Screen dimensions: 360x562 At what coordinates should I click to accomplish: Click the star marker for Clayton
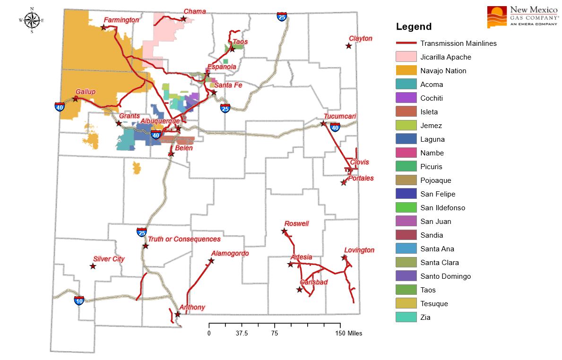pyautogui.click(x=348, y=46)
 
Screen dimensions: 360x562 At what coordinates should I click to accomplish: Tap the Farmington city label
pyautogui.click(x=121, y=20)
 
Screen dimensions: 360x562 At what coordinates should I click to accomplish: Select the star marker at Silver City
pyautogui.click(x=93, y=266)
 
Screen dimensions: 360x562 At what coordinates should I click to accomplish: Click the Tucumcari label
pyautogui.click(x=340, y=116)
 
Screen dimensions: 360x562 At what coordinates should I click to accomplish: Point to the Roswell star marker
pyautogui.click(x=284, y=231)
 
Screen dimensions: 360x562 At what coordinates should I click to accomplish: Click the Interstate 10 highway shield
pyautogui.click(x=79, y=300)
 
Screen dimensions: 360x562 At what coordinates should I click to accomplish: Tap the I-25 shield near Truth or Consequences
pyautogui.click(x=141, y=232)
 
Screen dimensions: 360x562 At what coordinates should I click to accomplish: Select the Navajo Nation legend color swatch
pyautogui.click(x=406, y=71)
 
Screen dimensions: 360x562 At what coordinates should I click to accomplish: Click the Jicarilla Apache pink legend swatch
pyautogui.click(x=406, y=57)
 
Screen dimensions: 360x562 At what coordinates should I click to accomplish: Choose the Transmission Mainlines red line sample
pyautogui.click(x=406, y=43)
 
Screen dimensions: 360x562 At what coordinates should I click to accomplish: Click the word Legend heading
pyautogui.click(x=414, y=27)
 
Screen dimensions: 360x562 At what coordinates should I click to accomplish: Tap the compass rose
pyautogui.click(x=32, y=20)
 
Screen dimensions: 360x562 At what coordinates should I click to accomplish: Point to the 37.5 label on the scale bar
pyautogui.click(x=242, y=333)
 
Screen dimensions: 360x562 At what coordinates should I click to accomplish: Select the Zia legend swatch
pyautogui.click(x=406, y=317)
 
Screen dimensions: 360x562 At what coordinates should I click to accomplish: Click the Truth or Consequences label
pyautogui.click(x=184, y=239)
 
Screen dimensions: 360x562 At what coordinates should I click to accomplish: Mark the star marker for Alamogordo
pyautogui.click(x=211, y=261)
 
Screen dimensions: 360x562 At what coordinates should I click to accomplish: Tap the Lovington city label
pyautogui.click(x=359, y=250)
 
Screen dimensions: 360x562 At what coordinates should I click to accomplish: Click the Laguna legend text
pyautogui.click(x=432, y=139)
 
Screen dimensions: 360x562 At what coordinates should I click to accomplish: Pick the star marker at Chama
pyautogui.click(x=183, y=19)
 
